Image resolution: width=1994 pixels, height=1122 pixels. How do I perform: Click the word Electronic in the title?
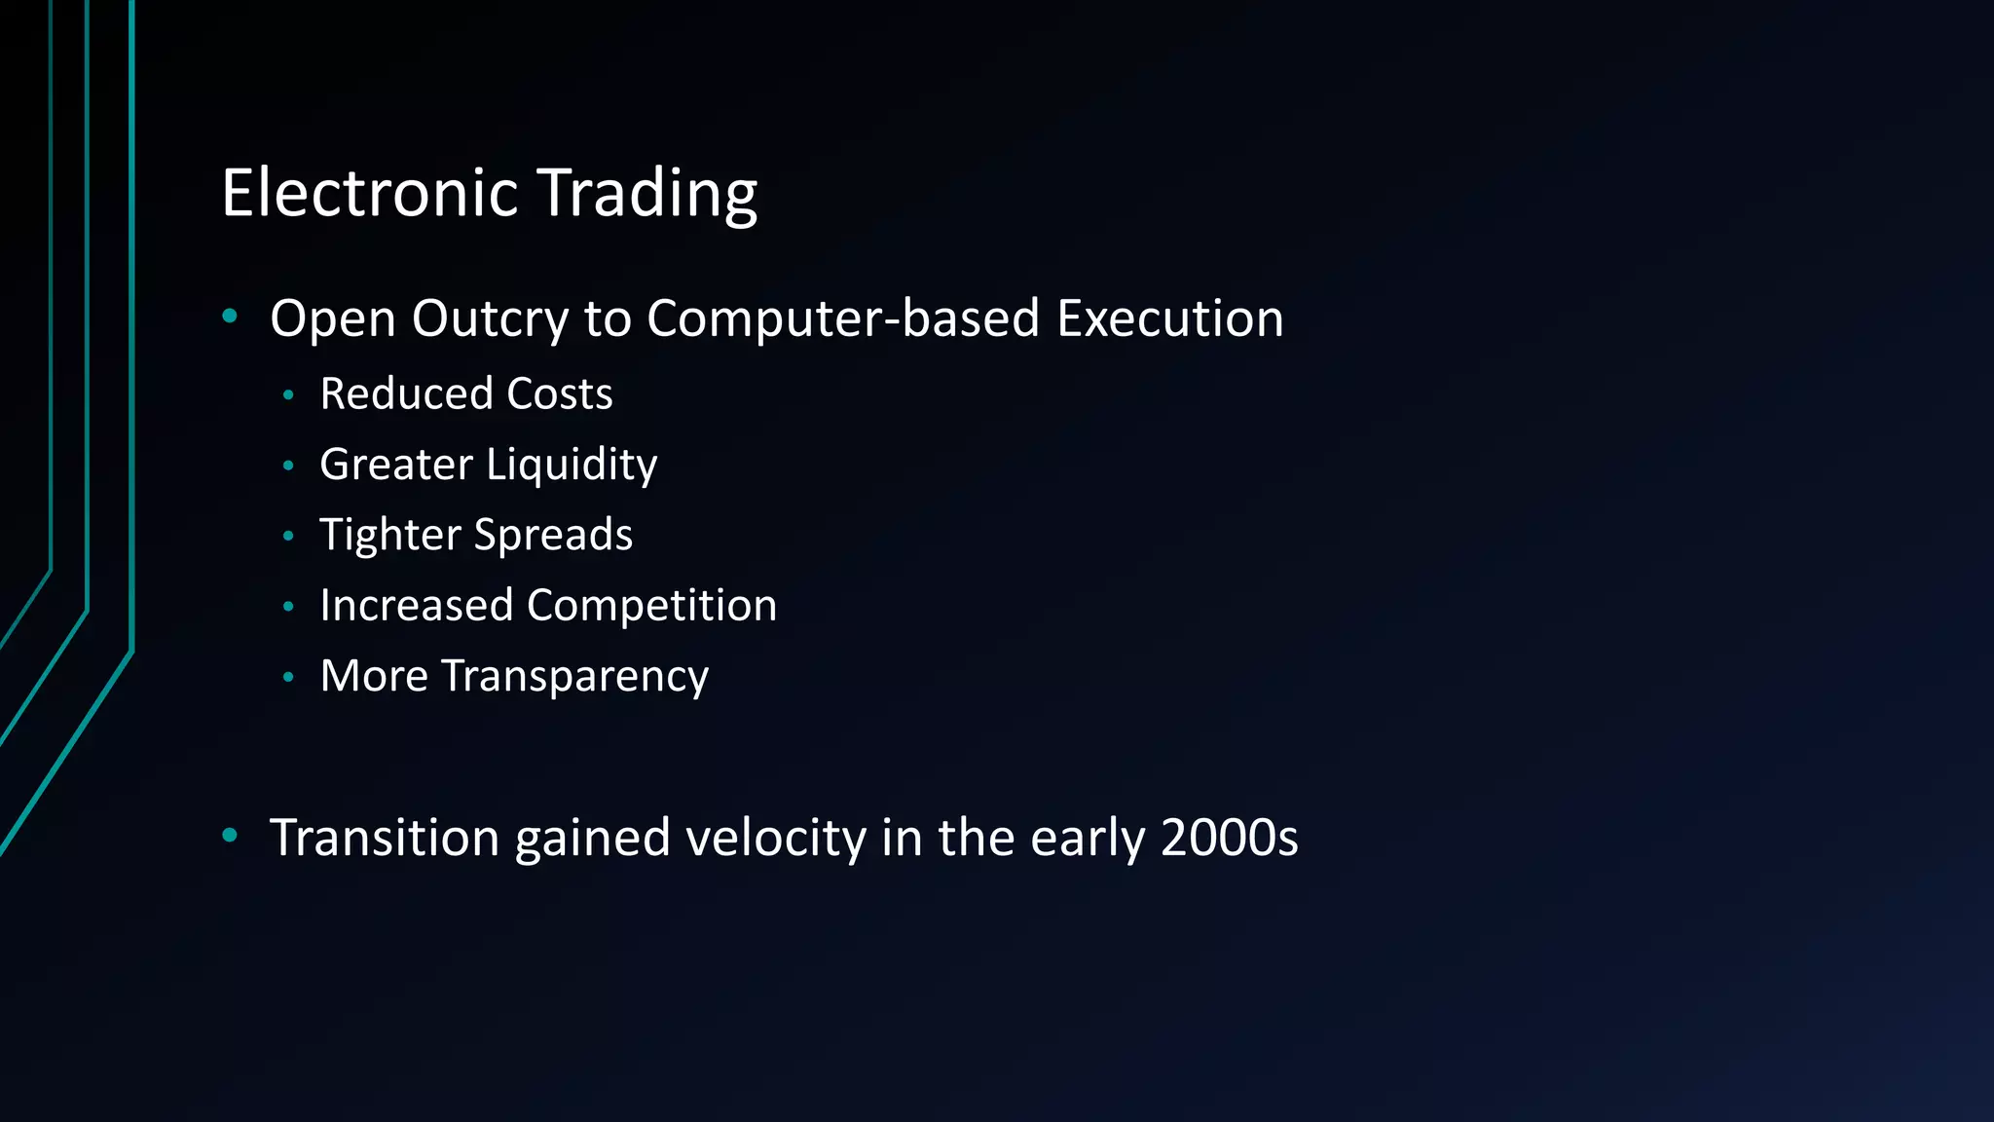click(369, 193)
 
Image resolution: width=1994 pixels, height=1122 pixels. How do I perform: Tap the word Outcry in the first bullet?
click(490, 319)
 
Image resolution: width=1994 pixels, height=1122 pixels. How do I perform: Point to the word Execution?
click(1170, 318)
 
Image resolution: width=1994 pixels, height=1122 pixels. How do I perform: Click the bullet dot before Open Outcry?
click(230, 316)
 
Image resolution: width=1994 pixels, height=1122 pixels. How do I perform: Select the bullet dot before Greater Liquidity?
click(288, 466)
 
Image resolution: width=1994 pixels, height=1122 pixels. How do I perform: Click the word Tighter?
click(390, 535)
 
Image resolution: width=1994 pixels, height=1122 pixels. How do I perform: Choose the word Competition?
click(651, 606)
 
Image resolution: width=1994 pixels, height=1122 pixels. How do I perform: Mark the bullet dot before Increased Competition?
click(288, 607)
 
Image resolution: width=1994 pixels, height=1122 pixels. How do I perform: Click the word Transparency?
click(574, 677)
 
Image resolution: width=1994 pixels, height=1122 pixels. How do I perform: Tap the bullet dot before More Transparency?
click(288, 677)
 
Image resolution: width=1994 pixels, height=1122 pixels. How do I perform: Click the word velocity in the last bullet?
click(775, 839)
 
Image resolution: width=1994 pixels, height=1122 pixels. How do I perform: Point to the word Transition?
click(385, 838)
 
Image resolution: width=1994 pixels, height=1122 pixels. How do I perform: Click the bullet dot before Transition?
click(230, 835)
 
